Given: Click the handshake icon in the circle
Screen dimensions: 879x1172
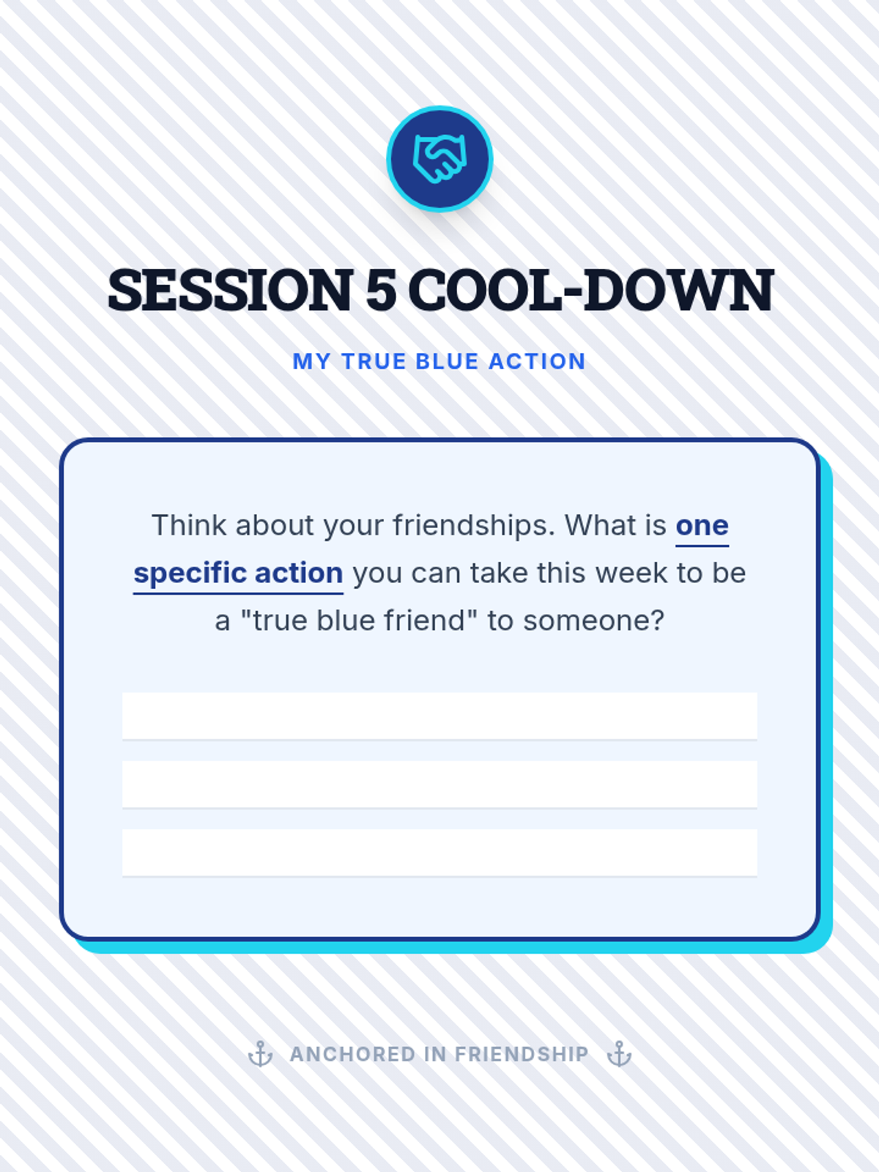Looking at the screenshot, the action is click(439, 159).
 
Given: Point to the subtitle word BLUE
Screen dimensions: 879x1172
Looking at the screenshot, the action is click(447, 361).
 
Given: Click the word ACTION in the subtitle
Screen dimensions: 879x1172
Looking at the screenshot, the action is click(538, 361).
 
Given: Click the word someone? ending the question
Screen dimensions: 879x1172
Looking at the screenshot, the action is click(594, 621).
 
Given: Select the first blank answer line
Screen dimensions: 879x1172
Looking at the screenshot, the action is click(439, 716).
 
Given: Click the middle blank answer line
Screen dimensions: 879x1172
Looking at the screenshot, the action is click(439, 785).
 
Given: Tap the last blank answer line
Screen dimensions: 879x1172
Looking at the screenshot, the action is click(439, 853).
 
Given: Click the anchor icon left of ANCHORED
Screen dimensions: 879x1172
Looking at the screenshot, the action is click(261, 1054).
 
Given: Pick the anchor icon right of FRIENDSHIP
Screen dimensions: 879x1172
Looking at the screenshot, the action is click(619, 1054).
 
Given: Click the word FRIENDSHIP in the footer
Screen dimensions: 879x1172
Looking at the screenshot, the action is click(522, 1055).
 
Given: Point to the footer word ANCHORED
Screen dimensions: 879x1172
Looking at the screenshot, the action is click(352, 1055).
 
